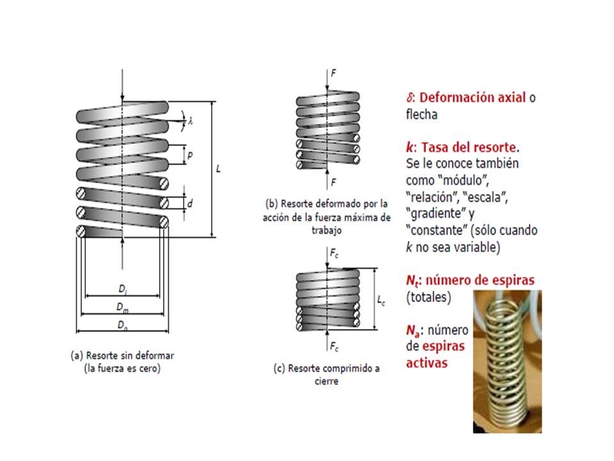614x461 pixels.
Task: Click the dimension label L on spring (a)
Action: tap(219, 169)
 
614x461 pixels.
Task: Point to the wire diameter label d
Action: tap(190, 202)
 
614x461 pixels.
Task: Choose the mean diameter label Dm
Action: tap(122, 307)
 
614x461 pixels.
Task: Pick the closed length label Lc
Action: tap(381, 298)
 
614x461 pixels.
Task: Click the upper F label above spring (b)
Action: tap(333, 73)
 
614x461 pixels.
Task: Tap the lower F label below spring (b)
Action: tap(333, 183)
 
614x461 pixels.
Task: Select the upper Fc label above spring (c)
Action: tap(334, 254)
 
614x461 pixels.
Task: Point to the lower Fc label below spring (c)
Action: tap(334, 346)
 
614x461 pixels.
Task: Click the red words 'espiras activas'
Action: tap(437, 354)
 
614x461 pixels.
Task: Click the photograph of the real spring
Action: tap(505, 362)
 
